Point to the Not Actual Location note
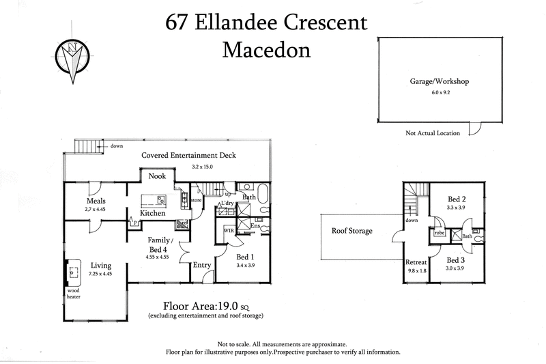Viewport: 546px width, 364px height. click(432, 133)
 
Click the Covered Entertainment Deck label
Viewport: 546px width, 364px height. click(188, 155)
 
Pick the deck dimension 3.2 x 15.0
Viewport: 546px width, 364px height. click(196, 165)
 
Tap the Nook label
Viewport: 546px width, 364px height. click(158, 176)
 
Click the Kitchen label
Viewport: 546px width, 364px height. click(153, 213)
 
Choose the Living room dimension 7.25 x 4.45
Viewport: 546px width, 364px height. click(99, 275)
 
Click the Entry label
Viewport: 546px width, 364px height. click(202, 265)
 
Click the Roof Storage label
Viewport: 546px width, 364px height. click(351, 231)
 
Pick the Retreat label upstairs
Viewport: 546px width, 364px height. click(416, 261)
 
